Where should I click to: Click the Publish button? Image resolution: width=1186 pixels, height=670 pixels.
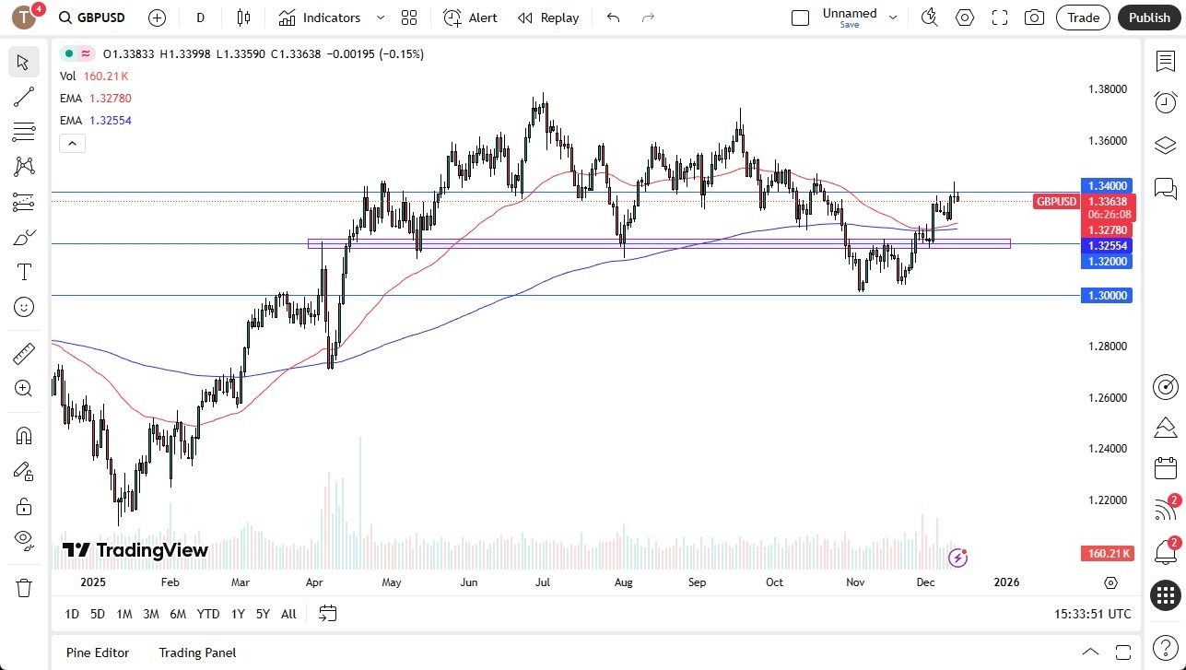(1149, 18)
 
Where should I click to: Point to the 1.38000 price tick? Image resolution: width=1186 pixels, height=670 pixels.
(1108, 89)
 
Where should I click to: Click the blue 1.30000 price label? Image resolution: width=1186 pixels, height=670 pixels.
(1106, 295)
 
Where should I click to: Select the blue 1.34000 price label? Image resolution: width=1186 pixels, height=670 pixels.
(1106, 185)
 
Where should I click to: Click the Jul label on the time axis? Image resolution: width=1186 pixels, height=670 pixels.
(543, 582)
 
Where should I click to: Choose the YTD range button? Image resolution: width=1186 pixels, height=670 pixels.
(208, 614)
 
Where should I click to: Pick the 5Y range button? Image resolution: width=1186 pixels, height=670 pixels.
(263, 614)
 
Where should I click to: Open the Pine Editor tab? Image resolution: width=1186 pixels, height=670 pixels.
(98, 652)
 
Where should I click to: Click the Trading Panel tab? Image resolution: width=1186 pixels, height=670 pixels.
(197, 652)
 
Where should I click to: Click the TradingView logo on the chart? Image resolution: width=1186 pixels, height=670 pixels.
(135, 550)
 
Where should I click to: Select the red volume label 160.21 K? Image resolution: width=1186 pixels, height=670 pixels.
(1106, 553)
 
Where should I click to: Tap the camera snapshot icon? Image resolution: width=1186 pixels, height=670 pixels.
(1034, 18)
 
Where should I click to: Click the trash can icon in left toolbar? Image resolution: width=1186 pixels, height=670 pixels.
(24, 588)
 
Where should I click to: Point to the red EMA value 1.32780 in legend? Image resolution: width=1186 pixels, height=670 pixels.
(111, 99)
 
